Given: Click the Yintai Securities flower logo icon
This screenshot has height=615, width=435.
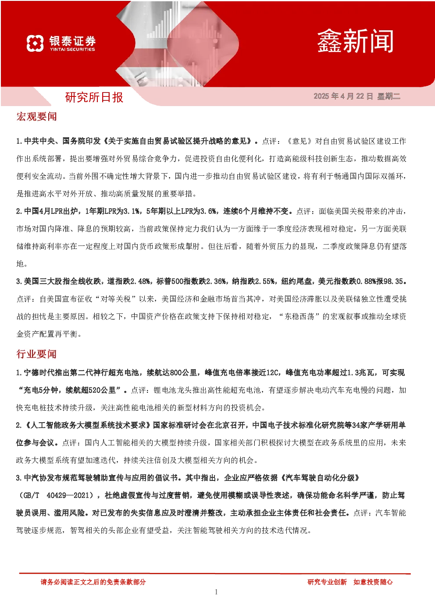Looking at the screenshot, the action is coord(35,43).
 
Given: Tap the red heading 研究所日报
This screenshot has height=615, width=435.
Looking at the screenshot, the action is coord(94,97).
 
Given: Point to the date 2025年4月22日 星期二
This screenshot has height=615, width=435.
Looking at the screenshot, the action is coord(357,96).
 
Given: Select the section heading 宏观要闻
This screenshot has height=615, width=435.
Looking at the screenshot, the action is coord(36,117).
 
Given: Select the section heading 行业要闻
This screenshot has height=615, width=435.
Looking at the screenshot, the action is coord(36,354).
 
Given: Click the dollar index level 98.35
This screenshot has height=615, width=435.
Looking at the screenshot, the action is coord(393,281).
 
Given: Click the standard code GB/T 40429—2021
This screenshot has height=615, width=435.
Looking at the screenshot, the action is coord(58,495).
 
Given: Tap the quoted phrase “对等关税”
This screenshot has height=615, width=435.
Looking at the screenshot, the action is coord(115,299).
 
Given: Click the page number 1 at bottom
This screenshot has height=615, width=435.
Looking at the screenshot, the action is coord(216,592).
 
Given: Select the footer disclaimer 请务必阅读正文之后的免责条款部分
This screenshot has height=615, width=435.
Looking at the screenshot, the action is coord(93,582).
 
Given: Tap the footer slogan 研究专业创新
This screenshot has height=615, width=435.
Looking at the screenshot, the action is coord(327,582).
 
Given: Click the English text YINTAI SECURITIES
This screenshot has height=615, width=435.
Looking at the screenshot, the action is coord(72,50).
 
